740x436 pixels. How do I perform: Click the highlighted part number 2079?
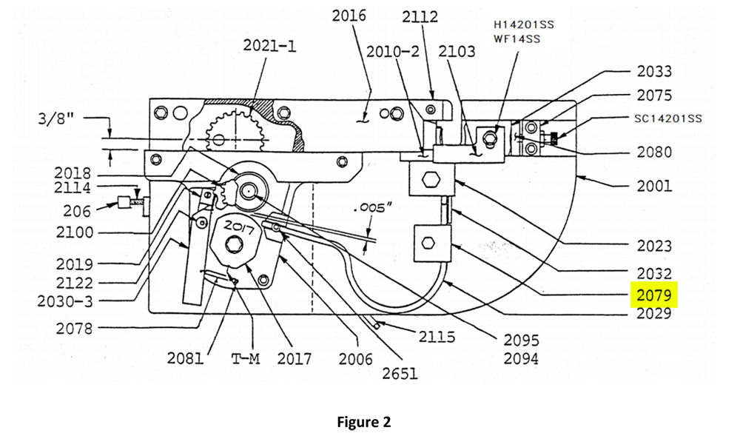tap(654, 295)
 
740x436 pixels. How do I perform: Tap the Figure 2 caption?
tap(363, 422)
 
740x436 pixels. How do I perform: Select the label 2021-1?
tap(269, 46)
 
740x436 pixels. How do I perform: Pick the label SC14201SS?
tap(668, 118)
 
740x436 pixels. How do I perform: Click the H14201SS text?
tap(523, 24)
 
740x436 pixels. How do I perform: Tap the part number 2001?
tap(654, 185)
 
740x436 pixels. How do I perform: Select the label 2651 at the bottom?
tap(400, 373)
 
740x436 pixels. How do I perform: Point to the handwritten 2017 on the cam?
tap(239, 226)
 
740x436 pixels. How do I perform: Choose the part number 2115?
tap(437, 337)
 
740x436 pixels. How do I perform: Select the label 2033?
tap(654, 72)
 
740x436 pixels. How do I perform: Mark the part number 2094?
tap(521, 359)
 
